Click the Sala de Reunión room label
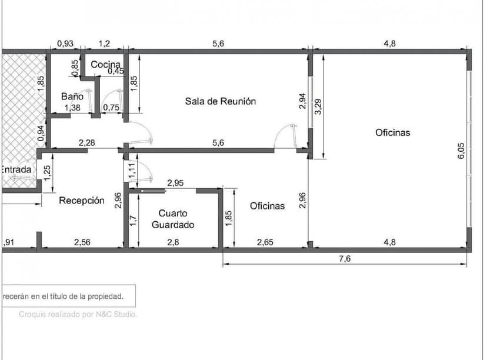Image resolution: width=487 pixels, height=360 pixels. tap(221, 101)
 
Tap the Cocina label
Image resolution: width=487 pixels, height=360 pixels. tap(106, 65)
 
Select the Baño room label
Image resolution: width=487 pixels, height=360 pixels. tap(72, 96)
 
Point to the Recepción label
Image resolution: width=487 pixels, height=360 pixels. tap(82, 201)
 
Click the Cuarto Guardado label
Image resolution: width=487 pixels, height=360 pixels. tap(173, 219)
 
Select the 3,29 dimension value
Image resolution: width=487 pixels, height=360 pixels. tap(318, 106)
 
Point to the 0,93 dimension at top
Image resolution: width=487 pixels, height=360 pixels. tap(65, 44)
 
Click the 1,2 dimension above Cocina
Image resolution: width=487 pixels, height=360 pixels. tap(104, 44)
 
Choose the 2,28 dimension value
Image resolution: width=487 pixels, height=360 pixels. tap(86, 142)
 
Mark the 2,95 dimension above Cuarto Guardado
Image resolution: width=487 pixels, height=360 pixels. tap(175, 183)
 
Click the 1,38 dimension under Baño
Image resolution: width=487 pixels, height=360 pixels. tap(72, 107)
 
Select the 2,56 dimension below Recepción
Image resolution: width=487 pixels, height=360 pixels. tap(82, 242)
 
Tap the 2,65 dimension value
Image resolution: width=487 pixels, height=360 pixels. tap(265, 242)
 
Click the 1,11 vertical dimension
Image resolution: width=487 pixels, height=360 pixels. tap(132, 171)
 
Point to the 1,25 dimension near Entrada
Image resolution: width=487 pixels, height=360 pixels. tap(48, 172)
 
